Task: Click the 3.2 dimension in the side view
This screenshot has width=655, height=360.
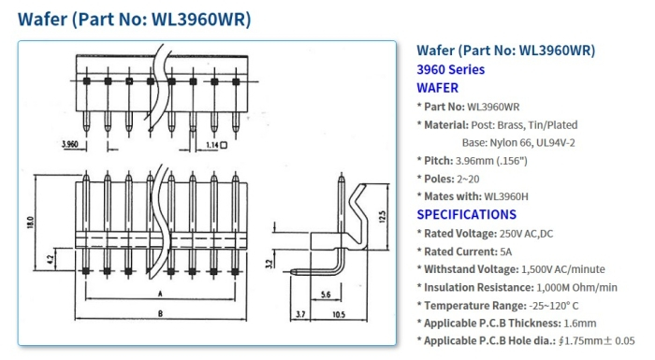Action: tap(270, 264)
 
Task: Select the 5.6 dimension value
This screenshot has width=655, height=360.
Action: tap(324, 294)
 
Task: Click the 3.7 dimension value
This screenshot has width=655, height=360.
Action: tap(299, 315)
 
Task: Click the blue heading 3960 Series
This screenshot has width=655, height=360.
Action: tap(450, 69)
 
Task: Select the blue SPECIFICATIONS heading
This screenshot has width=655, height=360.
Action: tap(466, 214)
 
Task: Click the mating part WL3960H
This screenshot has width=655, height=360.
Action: tap(506, 196)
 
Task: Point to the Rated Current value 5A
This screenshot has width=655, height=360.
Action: tap(506, 252)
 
